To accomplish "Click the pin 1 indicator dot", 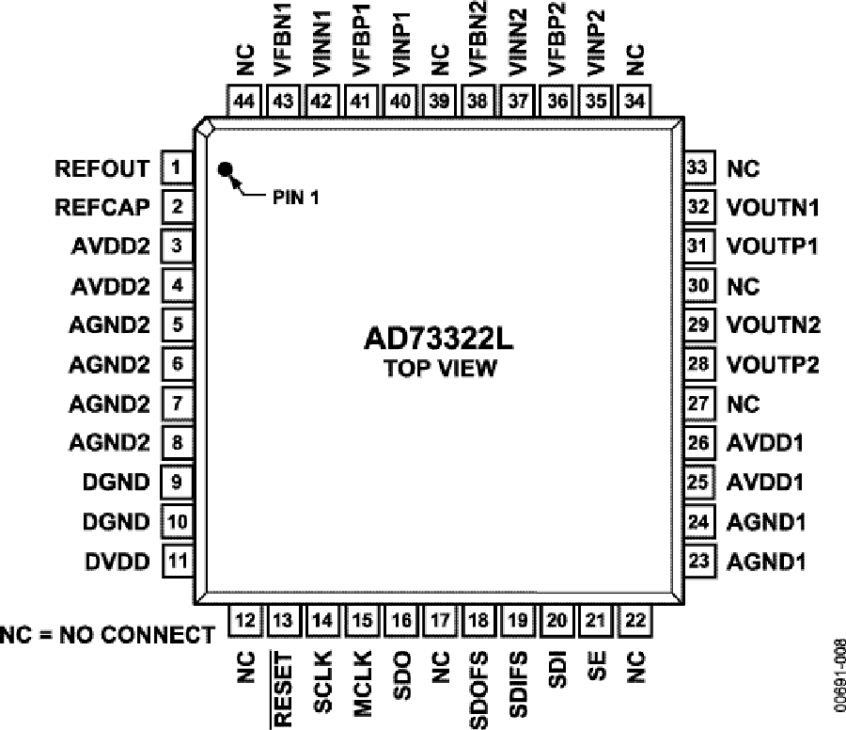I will tap(226, 170).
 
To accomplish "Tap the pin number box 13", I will tap(282, 620).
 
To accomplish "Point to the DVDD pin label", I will tap(117, 562).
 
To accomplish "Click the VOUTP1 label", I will tap(773, 246).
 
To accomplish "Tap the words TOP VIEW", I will tap(440, 368).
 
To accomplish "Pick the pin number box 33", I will tap(697, 168).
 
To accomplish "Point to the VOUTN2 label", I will tap(774, 325).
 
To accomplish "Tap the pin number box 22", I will tap(635, 620).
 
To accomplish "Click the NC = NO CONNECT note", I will tap(107, 635).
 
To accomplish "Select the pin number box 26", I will tap(697, 442).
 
